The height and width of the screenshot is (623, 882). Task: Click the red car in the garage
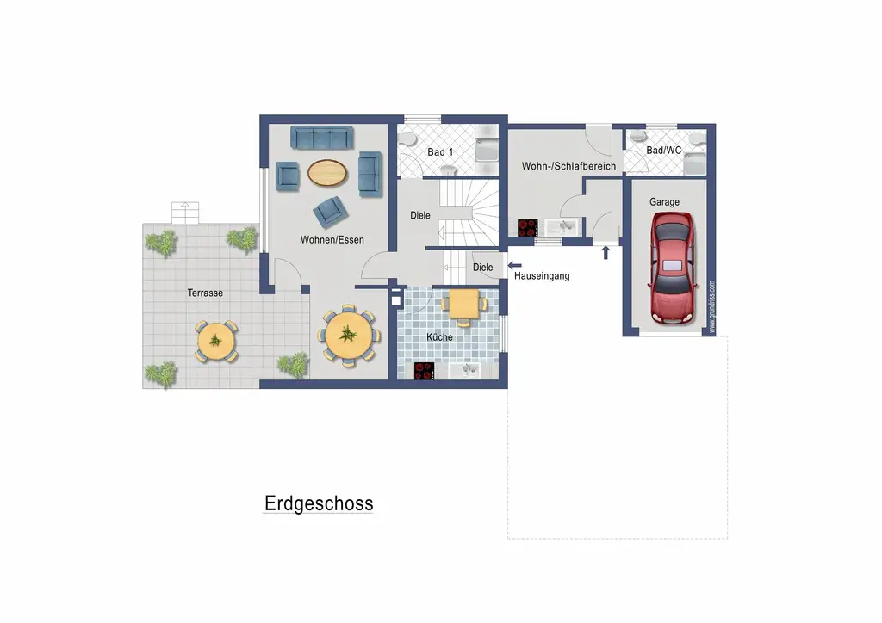pos(673,268)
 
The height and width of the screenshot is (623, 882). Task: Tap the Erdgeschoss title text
pos(319,503)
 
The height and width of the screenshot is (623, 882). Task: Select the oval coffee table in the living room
pos(329,173)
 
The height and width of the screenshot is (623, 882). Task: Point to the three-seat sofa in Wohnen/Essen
pos(322,138)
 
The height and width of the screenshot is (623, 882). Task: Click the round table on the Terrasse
pos(215,341)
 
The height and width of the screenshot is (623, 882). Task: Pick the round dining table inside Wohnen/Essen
pos(350,335)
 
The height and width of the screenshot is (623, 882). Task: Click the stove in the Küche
pos(425,371)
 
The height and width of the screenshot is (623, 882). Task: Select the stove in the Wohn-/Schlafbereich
pos(527,228)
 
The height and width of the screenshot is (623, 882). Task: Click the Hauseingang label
pos(542,276)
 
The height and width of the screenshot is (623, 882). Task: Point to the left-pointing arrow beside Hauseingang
pos(514,266)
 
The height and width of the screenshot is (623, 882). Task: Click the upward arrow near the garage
pos(606,252)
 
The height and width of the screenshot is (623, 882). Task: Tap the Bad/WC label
pos(664,151)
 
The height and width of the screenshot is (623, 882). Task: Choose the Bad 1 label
pos(440,152)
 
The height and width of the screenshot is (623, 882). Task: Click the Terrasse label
pos(205,293)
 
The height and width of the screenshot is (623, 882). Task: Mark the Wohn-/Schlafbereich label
pos(568,166)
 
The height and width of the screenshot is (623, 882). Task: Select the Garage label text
pos(664,202)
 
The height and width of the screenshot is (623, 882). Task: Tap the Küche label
pos(439,337)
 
